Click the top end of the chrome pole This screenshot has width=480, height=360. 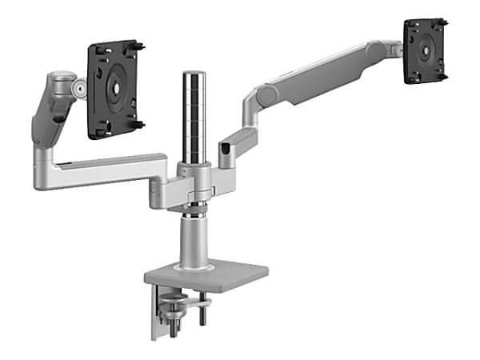point(194,74)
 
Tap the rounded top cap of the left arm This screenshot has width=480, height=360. point(58,80)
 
